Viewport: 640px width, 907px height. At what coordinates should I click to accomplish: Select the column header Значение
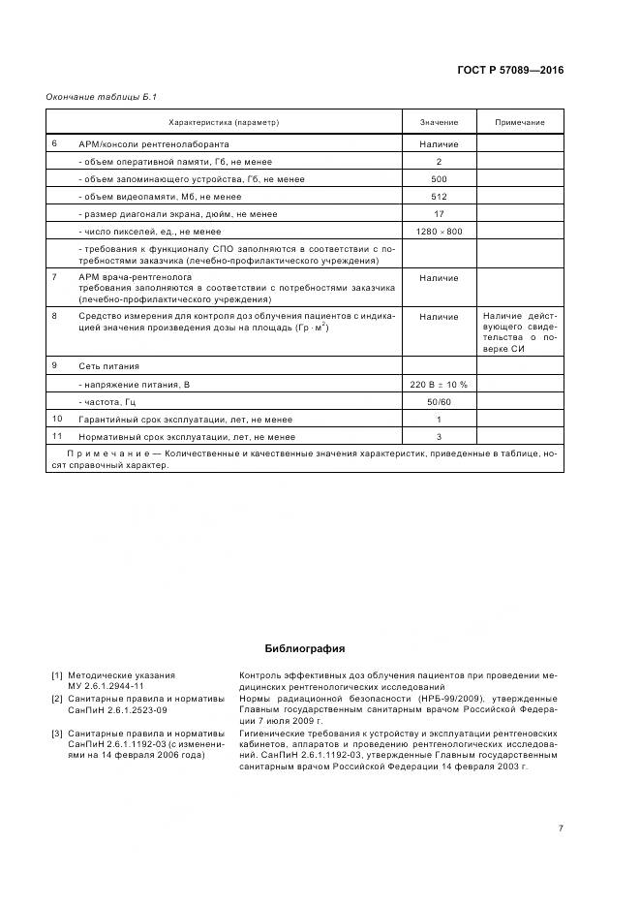439,122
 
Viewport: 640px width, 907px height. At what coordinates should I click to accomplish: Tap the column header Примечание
520,122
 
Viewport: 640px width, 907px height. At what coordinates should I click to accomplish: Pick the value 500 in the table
439,179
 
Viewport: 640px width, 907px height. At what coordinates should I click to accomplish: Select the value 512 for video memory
439,197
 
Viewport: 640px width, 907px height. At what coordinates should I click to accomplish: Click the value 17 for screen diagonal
439,214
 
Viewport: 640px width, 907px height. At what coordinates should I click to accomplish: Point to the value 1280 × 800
439,232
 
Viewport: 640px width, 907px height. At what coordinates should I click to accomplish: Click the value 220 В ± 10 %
439,385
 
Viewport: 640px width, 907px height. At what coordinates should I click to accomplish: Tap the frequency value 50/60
439,402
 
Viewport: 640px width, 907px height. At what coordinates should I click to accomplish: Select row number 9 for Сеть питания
55,366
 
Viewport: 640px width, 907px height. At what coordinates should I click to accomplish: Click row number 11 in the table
57,437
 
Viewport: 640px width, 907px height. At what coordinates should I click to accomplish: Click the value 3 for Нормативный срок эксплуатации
439,437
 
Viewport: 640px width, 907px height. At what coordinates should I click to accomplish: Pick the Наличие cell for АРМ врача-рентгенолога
439,278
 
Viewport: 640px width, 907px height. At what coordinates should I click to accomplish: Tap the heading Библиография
304,648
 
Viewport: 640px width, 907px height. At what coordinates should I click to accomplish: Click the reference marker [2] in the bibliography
57,699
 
